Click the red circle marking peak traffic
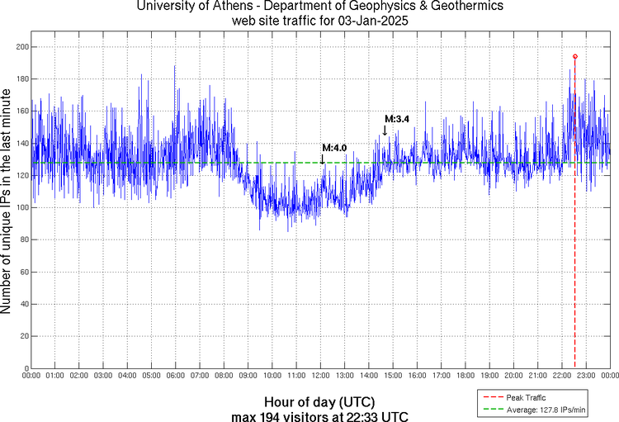(575, 56)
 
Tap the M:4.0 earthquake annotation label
(334, 148)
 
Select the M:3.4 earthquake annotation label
(397, 120)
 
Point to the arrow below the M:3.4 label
(385, 130)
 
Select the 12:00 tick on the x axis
(320, 376)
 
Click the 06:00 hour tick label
(175, 376)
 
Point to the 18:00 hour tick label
(465, 376)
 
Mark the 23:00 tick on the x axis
(586, 376)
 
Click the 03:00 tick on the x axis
(103, 376)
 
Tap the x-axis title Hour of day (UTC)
(319, 401)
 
